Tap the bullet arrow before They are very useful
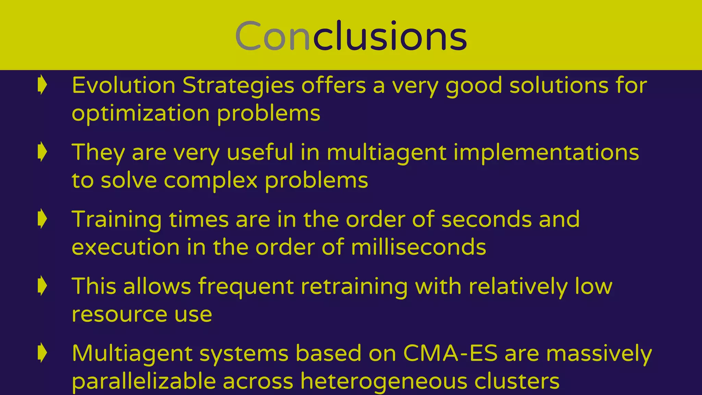[42, 152]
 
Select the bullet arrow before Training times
[42, 219]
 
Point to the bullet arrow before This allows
[42, 286]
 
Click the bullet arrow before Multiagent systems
[42, 352]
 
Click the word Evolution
[123, 85]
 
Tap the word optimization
[141, 114]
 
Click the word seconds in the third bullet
[486, 219]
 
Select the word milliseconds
[419, 247]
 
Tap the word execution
[125, 247]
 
